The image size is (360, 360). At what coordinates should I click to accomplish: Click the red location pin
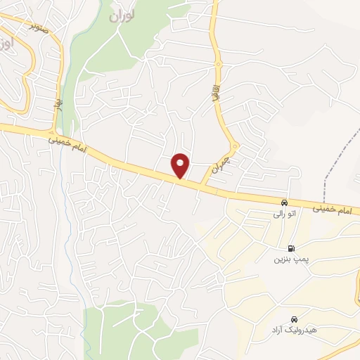coord(181,165)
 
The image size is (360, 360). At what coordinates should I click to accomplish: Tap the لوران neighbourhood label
coord(122,14)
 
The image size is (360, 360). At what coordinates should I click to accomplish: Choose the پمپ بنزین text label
coord(290,259)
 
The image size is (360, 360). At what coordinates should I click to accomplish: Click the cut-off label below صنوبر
coord(6,45)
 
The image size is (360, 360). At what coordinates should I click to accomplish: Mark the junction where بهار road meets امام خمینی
coord(53,132)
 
